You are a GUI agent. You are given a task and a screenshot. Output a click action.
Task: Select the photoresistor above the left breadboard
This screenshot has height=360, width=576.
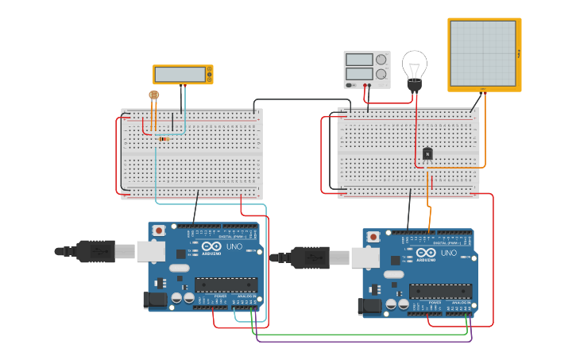pyautogui.click(x=153, y=95)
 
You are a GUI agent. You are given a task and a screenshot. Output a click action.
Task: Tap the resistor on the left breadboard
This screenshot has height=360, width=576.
pyautogui.click(x=164, y=139)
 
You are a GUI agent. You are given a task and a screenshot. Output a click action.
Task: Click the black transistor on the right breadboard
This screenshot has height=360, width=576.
pyautogui.click(x=427, y=153)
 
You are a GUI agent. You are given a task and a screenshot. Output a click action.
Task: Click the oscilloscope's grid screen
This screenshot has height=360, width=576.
pyautogui.click(x=482, y=52)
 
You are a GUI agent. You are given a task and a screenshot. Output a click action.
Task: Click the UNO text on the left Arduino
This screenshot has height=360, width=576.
pyautogui.click(x=234, y=247)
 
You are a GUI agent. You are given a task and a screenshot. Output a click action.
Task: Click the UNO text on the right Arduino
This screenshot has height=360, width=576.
pyautogui.click(x=449, y=254)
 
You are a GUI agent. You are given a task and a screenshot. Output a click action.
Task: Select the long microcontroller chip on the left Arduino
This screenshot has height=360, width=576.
pyautogui.click(x=226, y=285)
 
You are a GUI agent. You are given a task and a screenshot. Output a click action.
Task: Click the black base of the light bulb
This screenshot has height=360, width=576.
pyautogui.click(x=414, y=84)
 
